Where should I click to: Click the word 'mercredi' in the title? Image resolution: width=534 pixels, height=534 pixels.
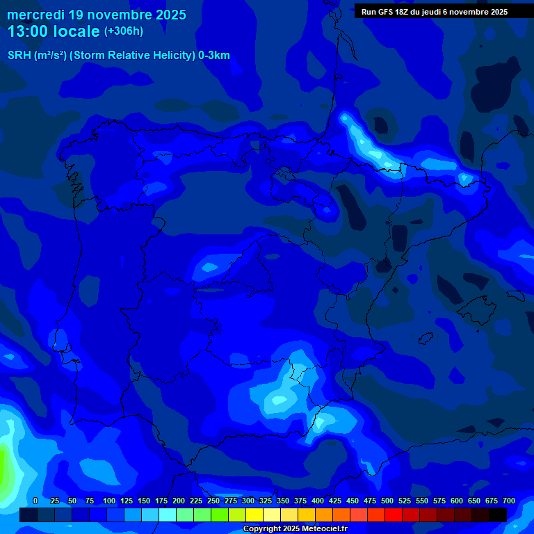point(35,15)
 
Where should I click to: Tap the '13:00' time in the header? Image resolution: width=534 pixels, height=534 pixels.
point(27,31)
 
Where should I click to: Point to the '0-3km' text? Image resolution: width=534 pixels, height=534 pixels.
point(213,56)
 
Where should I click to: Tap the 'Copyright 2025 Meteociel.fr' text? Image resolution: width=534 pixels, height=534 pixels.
point(295,529)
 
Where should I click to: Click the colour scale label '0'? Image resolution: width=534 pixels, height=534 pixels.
point(35,501)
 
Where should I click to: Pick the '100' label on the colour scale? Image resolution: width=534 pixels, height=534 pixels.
point(109,501)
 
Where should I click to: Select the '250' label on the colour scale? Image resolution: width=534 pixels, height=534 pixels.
point(213,501)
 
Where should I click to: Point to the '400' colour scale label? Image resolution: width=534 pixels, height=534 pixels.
point(318,501)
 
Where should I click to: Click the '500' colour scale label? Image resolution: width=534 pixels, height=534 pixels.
point(387,501)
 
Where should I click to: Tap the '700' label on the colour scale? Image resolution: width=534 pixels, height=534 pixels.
point(509,501)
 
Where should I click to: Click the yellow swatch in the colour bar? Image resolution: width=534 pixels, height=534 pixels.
point(254,515)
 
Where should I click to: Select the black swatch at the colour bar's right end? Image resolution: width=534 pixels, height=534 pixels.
point(498,515)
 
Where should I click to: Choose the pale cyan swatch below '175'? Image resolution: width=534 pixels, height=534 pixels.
point(168,515)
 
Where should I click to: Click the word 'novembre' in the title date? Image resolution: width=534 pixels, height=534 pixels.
point(120,15)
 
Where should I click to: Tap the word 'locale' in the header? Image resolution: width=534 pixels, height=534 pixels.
point(76,31)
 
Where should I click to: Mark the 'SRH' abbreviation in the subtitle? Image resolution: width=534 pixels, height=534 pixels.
point(19,56)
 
